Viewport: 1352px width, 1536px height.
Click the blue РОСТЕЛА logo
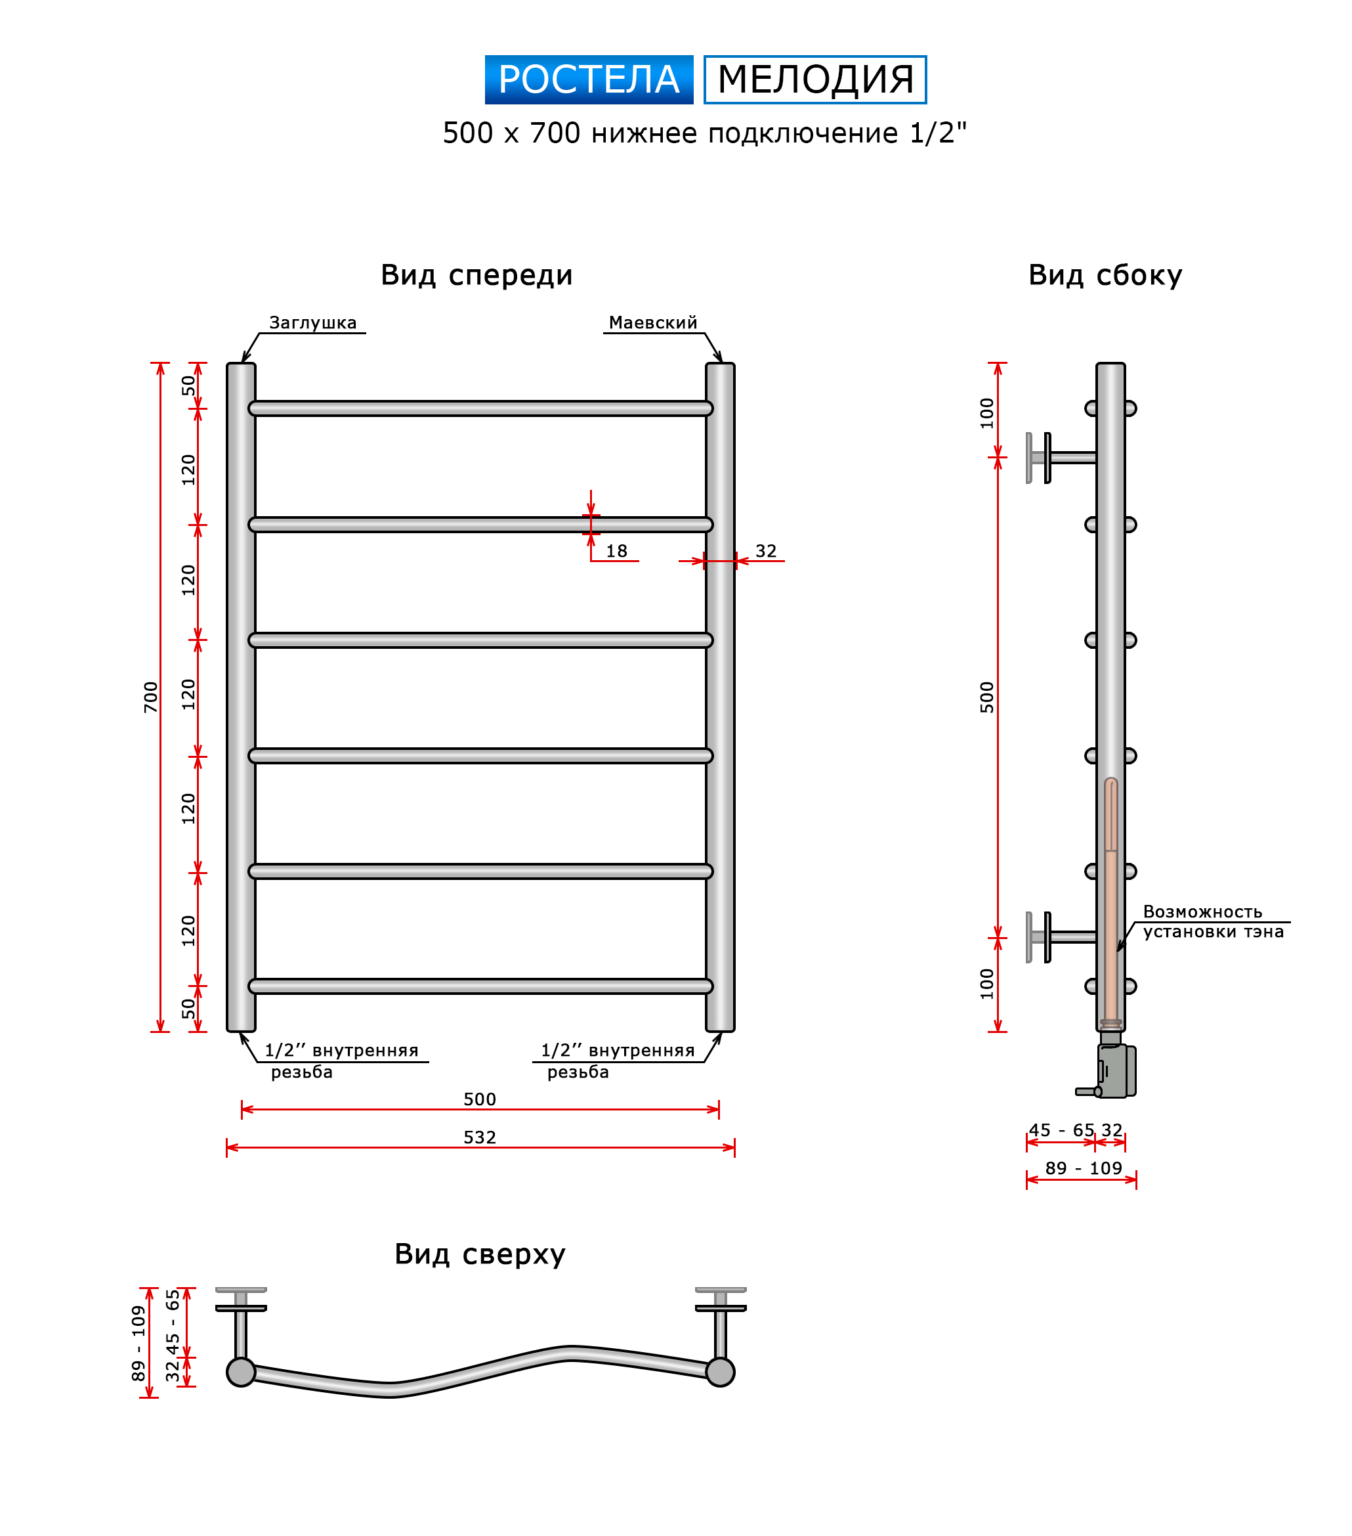click(589, 79)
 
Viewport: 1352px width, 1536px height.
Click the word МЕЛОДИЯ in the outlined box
click(815, 79)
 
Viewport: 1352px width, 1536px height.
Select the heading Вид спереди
click(476, 276)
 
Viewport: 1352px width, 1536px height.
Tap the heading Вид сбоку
click(1105, 276)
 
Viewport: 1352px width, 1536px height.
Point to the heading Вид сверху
click(479, 1255)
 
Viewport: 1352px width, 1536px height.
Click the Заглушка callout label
click(312, 322)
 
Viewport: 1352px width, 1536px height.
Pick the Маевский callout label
click(653, 322)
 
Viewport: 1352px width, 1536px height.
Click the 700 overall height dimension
click(151, 697)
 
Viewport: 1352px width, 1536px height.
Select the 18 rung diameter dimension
click(617, 551)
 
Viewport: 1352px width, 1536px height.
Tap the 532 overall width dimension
click(479, 1137)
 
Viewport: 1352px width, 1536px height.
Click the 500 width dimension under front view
click(479, 1099)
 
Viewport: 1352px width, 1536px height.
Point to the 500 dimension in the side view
click(987, 697)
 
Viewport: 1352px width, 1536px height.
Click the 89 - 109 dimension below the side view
click(1083, 1168)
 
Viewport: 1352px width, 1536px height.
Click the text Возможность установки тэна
click(1213, 921)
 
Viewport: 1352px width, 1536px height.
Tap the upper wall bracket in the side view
click(1061, 458)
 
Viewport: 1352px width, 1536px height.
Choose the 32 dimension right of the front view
click(765, 551)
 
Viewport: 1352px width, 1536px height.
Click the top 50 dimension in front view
click(188, 385)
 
